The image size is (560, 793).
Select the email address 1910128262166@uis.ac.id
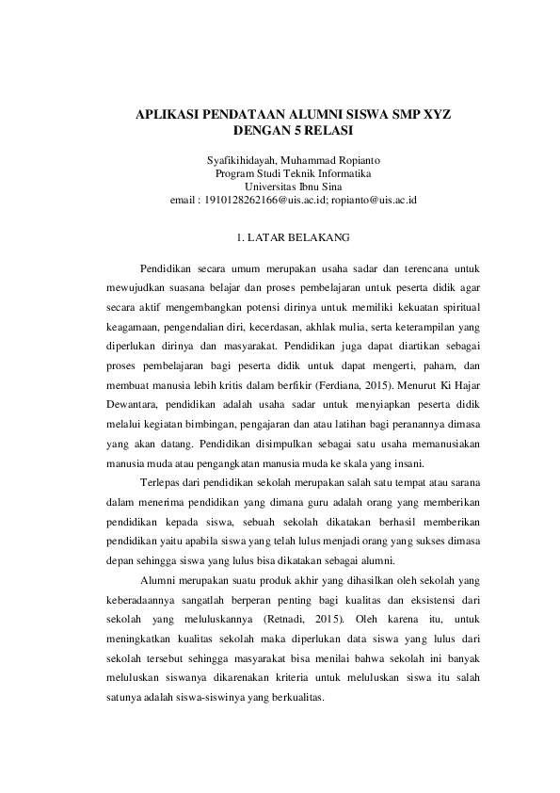(x=265, y=201)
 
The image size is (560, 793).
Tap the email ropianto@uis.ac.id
(x=374, y=201)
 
